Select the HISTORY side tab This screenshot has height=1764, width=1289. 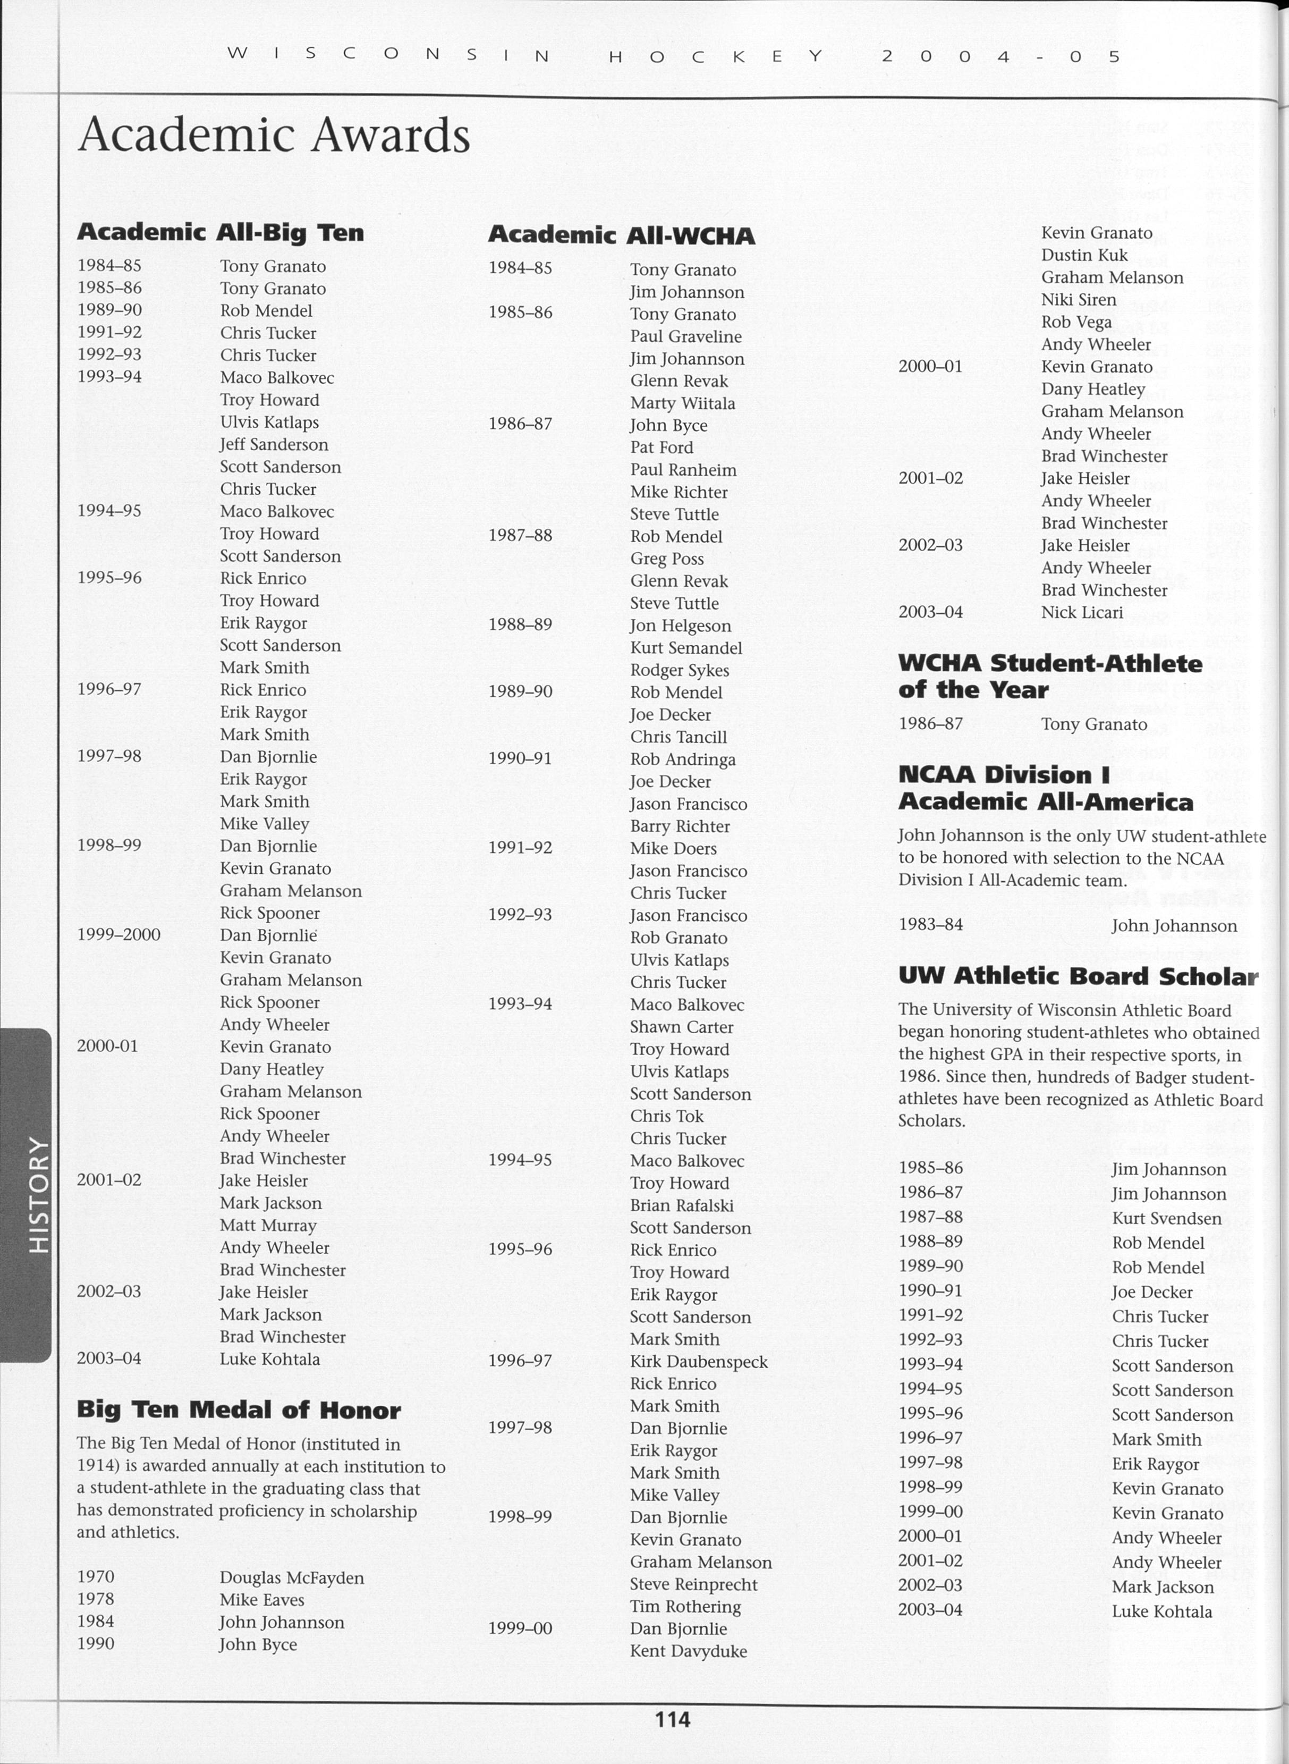[x=37, y=1195]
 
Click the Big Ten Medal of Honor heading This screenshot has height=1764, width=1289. [x=239, y=1409]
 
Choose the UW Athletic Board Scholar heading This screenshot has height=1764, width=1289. [x=1078, y=976]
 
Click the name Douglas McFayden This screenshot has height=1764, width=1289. [x=292, y=1577]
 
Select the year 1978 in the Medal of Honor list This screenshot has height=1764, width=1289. [x=95, y=1599]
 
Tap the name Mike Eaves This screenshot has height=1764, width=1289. [x=261, y=1599]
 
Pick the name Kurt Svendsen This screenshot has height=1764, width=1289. [x=1166, y=1218]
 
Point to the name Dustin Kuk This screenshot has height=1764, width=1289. [x=1084, y=255]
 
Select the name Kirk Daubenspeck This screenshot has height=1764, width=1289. [x=698, y=1362]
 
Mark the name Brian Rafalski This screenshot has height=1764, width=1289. [x=681, y=1206]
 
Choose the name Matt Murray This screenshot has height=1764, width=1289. [x=268, y=1226]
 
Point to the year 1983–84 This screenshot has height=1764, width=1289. [x=930, y=925]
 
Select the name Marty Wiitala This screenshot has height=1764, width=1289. [x=682, y=403]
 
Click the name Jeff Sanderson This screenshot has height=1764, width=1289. [x=274, y=445]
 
